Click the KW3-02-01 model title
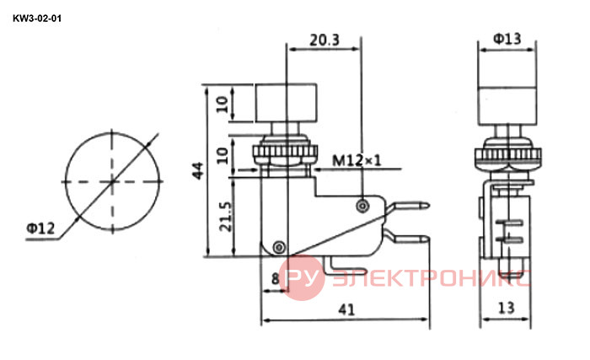pos(37,19)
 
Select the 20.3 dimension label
pos(324,40)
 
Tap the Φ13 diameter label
pos(507,39)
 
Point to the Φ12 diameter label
pos(40,228)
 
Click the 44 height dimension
pos(197,170)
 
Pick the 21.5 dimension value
pos(225,217)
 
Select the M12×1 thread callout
pos(357,161)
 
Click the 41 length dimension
pos(346,309)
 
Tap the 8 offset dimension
pos(276,279)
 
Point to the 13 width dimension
pos(506,308)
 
